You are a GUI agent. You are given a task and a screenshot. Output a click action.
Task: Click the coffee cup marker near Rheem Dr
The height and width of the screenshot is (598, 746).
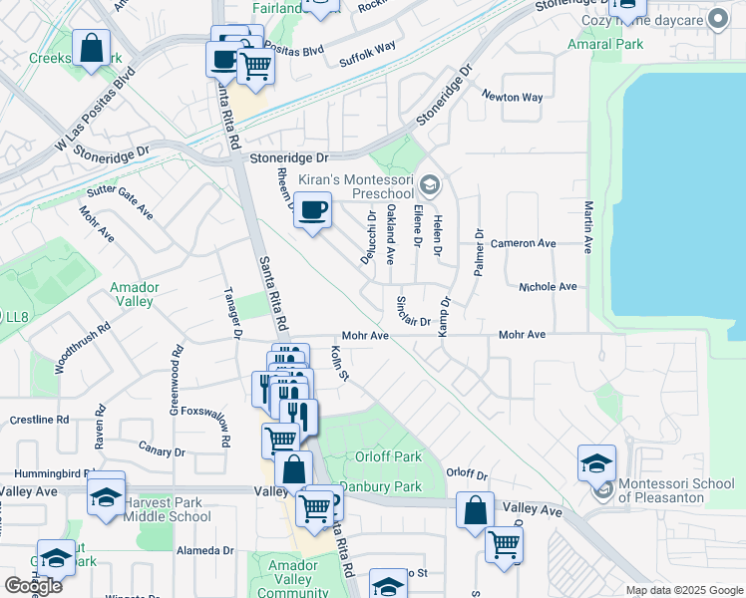pos(312,210)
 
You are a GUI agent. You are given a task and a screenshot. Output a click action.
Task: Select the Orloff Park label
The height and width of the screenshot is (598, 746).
pos(383,456)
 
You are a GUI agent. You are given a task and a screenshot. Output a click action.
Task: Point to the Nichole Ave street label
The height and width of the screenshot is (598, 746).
pos(548,287)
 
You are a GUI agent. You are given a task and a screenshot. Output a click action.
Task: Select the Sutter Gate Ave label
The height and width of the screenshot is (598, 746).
pos(120,197)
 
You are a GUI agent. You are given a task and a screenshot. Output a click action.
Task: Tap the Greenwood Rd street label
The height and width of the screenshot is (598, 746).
pos(176,381)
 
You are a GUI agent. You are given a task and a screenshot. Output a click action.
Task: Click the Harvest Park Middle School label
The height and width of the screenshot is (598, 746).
pos(168,508)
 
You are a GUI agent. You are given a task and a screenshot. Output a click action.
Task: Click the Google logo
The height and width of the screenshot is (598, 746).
pos(33,586)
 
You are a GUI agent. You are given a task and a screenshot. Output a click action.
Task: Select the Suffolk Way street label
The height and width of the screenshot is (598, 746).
pos(367,46)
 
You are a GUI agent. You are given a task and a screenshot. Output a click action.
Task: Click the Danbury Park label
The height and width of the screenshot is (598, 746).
pos(380,487)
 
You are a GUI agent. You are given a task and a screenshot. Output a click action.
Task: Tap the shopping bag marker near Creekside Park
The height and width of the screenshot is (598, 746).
pos(91,49)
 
